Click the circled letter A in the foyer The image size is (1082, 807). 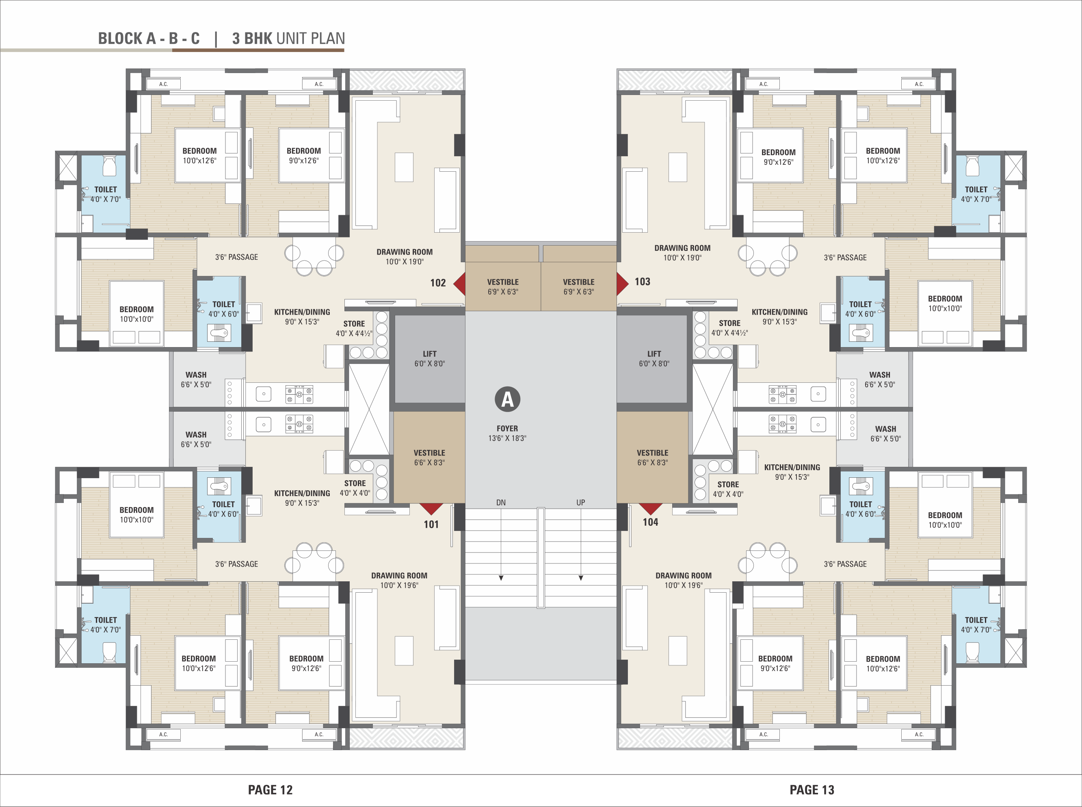(507, 399)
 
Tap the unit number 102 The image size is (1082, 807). (438, 283)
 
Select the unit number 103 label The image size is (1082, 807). (642, 281)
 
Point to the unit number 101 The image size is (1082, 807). (431, 524)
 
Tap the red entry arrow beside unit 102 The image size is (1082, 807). (459, 283)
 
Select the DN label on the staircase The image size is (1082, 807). (501, 502)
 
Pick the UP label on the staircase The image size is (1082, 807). (580, 502)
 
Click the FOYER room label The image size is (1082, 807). (507, 428)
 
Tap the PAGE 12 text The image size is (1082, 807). (270, 790)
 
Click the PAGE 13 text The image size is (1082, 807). (812, 790)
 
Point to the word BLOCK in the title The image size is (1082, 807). (120, 39)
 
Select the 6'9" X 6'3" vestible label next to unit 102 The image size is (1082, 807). (503, 291)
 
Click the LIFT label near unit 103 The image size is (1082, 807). (654, 354)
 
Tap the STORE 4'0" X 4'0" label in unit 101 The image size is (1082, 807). (355, 488)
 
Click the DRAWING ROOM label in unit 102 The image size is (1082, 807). (405, 252)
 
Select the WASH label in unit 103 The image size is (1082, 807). (880, 375)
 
